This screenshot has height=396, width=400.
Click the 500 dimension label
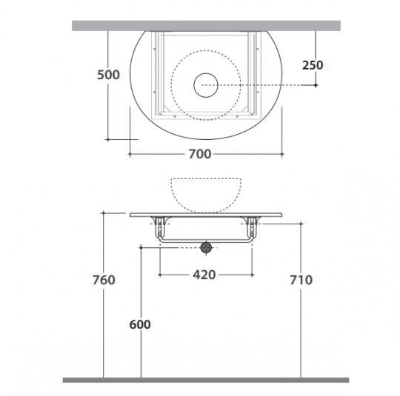pos(108,75)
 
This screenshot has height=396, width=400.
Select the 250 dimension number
pos(313,65)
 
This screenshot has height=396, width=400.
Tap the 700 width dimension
pos(200,154)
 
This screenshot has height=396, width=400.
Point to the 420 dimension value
pos(204,275)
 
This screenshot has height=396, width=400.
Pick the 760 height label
pos(104,280)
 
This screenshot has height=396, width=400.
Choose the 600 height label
pos(140,325)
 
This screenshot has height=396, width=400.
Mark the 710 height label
pos(301,280)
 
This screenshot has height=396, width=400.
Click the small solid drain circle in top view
pos(206,85)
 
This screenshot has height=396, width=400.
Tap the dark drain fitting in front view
pos(206,248)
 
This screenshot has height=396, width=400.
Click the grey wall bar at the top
pos(206,26)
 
